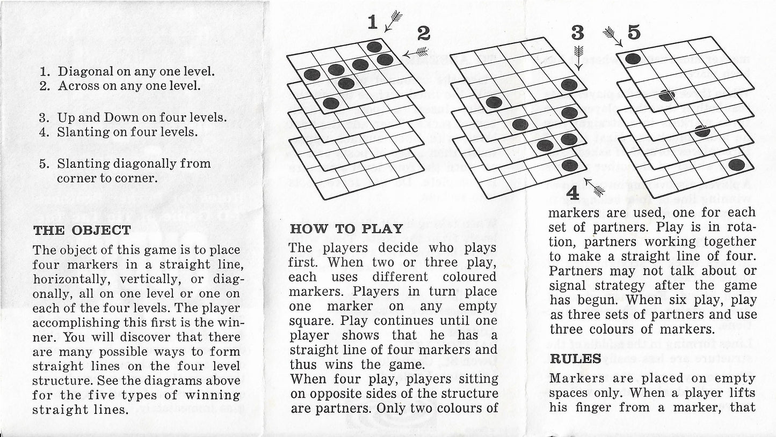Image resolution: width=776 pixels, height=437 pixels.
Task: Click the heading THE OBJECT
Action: coord(82,230)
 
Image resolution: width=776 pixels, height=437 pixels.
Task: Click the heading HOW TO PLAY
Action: coord(346,229)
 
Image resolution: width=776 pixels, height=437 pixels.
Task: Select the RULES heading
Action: coord(575,359)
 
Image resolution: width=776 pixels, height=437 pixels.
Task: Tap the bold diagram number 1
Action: coord(373,23)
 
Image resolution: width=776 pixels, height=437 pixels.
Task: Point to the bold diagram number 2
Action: coord(424,34)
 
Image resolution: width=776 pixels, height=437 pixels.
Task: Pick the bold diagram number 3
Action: coord(577,33)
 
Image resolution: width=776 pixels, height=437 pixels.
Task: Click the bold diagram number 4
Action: coord(574,193)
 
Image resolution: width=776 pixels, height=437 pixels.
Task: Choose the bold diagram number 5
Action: coord(634,33)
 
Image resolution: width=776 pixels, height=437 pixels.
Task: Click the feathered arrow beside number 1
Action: coord(393,21)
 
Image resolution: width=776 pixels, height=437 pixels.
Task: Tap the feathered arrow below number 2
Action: coord(415,53)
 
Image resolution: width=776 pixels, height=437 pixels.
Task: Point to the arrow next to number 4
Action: coord(594,187)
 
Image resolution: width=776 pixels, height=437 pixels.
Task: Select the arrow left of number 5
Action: coord(613,36)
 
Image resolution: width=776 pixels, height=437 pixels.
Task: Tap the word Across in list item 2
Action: coord(77,85)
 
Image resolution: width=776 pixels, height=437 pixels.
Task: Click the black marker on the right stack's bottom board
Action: coord(736,165)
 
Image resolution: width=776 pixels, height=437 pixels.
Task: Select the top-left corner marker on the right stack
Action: coord(633,59)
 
